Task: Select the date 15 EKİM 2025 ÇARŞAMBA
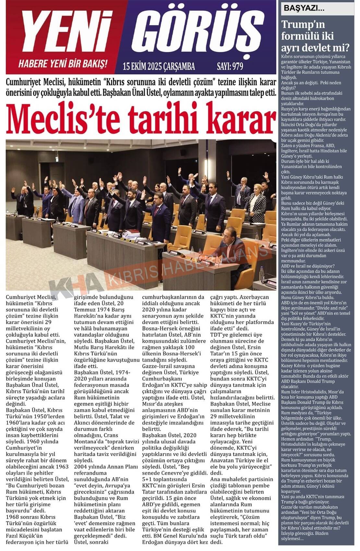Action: pyautogui.click(x=159, y=66)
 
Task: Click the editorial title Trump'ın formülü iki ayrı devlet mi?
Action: pyautogui.click(x=315, y=36)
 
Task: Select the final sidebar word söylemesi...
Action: pyautogui.click(x=292, y=539)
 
